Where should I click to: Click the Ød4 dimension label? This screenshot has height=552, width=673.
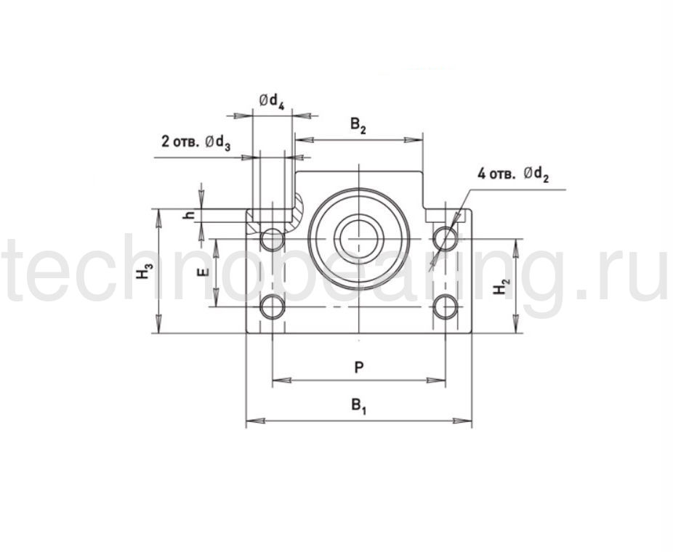pos(272,102)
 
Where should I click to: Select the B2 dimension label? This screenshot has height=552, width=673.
pos(358,126)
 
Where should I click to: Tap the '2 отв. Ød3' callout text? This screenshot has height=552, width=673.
pos(196,142)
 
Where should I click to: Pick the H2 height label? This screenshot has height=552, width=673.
pos(501,286)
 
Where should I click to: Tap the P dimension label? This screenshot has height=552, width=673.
pos(359,367)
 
